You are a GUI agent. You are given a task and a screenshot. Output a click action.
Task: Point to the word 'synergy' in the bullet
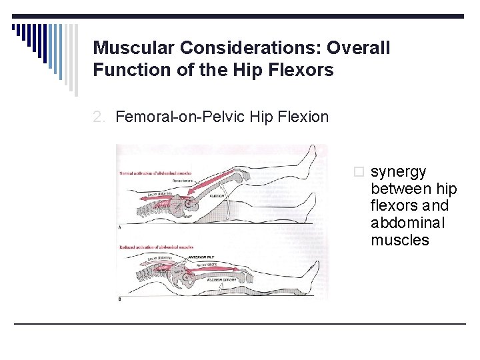[398, 172]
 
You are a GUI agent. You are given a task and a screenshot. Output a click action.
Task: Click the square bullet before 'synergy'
[361, 173]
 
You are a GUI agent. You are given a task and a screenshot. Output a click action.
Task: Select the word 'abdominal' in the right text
[407, 223]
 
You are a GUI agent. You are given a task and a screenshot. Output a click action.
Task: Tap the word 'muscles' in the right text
[400, 240]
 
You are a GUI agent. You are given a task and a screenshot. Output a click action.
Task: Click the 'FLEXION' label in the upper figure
[217, 196]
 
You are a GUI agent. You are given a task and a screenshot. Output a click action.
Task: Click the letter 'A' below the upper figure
[119, 227]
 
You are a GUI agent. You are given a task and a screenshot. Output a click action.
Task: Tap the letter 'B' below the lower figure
[119, 299]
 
